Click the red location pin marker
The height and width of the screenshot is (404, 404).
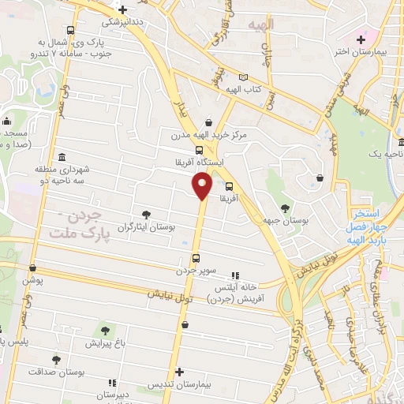tap(201, 186)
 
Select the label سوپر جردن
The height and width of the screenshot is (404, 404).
tap(196, 270)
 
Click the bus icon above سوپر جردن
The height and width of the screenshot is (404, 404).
tap(196, 257)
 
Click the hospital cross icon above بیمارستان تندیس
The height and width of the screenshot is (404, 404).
tap(181, 372)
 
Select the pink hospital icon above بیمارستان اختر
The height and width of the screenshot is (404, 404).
tap(361, 38)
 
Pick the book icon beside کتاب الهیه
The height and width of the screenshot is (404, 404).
tap(243, 77)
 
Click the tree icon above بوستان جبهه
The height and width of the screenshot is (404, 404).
tap(284, 208)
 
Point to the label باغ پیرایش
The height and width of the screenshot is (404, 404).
tap(104, 343)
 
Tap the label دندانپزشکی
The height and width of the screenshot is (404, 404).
tap(121, 23)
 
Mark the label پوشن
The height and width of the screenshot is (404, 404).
tap(33, 281)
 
